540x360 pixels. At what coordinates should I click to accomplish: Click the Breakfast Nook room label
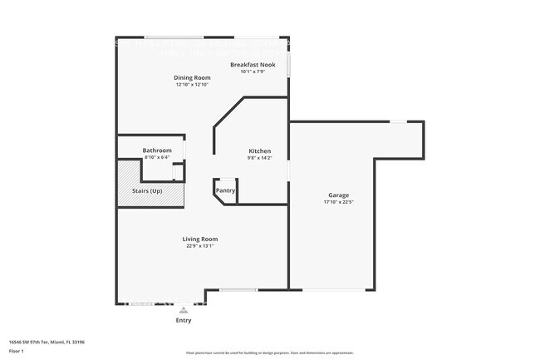coord(253,64)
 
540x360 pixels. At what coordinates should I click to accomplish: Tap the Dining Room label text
coord(192,77)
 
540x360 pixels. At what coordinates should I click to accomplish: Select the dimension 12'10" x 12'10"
coord(192,85)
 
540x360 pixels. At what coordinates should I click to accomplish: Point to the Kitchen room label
coord(259,150)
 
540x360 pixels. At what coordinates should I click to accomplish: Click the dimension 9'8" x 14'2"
coord(259,158)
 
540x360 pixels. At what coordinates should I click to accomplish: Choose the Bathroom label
coord(157,150)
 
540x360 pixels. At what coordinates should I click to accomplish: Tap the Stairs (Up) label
coord(147,190)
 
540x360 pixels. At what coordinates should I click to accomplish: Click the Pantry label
coord(225,190)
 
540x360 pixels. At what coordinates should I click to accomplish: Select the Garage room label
coord(338,195)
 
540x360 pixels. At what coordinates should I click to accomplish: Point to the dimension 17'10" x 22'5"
coord(338,202)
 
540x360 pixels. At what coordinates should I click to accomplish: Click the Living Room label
coord(200,239)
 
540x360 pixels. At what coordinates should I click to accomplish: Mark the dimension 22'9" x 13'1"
coord(200,246)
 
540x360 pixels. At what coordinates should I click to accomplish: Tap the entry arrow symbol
coord(184,310)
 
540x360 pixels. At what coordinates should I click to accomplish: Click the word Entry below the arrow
coord(184,320)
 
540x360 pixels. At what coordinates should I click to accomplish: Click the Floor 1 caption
coord(17,349)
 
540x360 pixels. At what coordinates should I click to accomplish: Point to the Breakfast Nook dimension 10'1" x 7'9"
coord(253,72)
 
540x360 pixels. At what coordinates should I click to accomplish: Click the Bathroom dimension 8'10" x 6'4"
coord(157,157)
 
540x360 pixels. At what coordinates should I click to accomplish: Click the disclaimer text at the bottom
coord(270,353)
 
